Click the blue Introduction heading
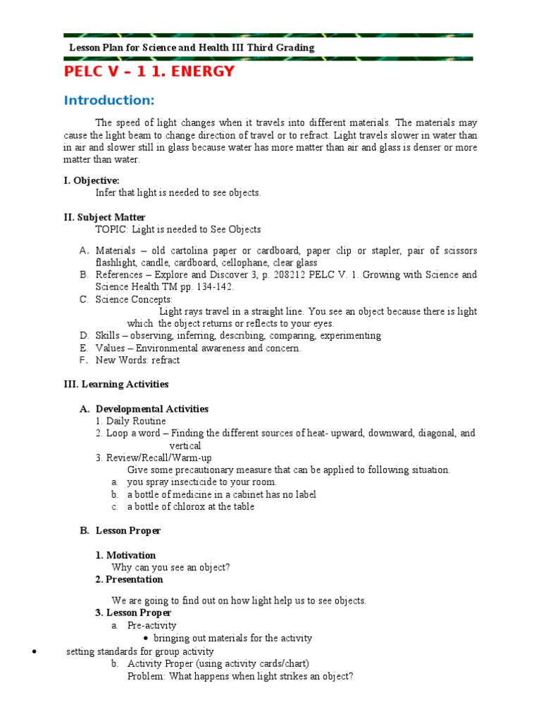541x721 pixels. coord(108,100)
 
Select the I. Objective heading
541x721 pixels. coord(92,180)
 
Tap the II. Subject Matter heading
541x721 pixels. coord(104,217)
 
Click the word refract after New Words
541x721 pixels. coord(166,360)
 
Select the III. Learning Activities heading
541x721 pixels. coord(116,384)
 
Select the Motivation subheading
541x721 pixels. coord(131,555)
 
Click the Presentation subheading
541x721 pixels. coord(135,579)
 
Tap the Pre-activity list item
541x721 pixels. coord(152,625)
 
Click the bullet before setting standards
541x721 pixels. coord(35,651)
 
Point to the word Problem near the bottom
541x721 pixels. coord(144,677)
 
